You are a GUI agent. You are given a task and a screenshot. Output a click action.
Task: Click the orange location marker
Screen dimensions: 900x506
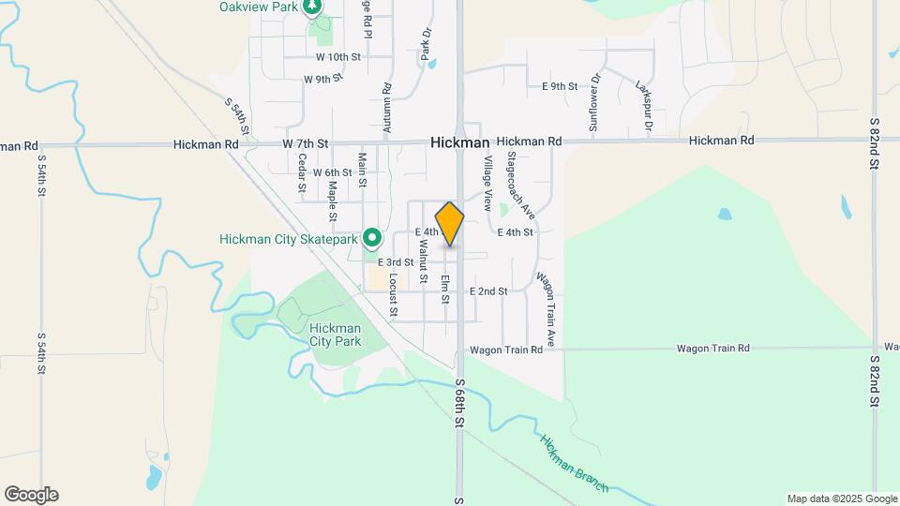pyautogui.click(x=450, y=224)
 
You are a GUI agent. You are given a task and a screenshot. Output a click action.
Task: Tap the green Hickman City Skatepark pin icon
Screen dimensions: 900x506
pyautogui.click(x=372, y=239)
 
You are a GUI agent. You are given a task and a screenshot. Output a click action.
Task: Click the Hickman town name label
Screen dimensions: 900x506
pyautogui.click(x=460, y=142)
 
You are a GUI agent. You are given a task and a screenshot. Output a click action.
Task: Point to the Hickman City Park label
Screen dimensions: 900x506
pyautogui.click(x=335, y=335)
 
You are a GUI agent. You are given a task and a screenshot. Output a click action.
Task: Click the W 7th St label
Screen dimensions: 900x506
pyautogui.click(x=306, y=144)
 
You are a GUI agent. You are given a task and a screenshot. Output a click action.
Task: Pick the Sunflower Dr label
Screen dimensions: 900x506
pyautogui.click(x=593, y=102)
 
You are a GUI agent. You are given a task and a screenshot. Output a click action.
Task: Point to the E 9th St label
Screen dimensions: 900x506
pyautogui.click(x=560, y=86)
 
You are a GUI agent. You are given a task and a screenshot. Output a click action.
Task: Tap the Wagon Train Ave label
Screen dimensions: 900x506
pyautogui.click(x=545, y=310)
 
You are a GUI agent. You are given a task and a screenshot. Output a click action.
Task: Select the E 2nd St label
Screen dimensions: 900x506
pyautogui.click(x=488, y=291)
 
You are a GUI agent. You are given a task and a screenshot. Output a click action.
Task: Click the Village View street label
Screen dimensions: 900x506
pyautogui.click(x=487, y=184)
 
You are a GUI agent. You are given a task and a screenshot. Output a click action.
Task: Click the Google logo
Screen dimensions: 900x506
pyautogui.click(x=31, y=495)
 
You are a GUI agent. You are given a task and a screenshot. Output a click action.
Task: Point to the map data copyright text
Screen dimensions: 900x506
pyautogui.click(x=841, y=499)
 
